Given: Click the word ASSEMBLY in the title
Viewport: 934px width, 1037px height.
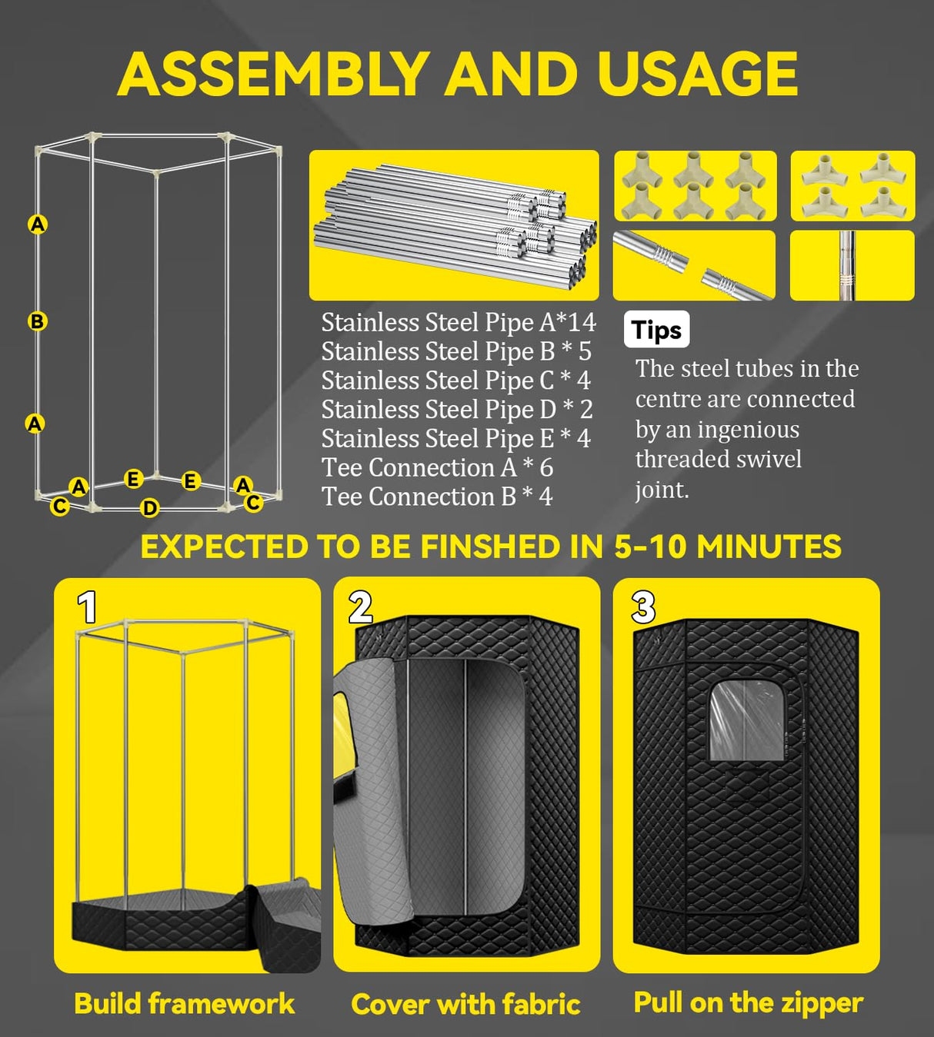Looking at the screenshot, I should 273,75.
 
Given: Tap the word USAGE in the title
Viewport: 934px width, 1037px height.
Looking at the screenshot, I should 697,75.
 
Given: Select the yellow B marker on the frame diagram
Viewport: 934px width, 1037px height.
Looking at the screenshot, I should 37,321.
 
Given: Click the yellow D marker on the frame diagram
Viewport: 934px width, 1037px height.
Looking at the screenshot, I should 149,507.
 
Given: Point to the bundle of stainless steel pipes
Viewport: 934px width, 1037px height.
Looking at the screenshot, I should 454,225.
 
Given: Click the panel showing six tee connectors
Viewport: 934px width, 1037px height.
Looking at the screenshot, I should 695,186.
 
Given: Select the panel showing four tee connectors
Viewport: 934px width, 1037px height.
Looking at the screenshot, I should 852,186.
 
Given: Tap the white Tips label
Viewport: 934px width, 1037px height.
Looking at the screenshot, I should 656,330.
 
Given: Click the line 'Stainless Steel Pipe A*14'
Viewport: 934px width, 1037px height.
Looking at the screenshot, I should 458,322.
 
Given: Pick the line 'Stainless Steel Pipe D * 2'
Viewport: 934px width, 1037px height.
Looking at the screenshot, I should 456,409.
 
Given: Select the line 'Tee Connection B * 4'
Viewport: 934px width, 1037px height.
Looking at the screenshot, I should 436,497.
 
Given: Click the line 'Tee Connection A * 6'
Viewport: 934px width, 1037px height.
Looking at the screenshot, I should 436,467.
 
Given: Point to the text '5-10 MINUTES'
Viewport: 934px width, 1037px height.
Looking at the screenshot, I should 727,547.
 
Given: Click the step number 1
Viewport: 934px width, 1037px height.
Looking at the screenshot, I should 87,607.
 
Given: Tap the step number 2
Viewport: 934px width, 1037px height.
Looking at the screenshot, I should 360,607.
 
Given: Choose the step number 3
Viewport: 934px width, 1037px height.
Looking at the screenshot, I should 643,607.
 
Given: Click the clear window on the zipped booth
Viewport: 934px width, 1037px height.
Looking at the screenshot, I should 746,720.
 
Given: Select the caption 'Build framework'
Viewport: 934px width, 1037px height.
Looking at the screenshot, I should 184,1003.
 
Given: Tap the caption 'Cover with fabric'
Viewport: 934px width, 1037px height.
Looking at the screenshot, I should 465,1004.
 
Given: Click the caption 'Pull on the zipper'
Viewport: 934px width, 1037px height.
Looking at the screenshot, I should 748,1002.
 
